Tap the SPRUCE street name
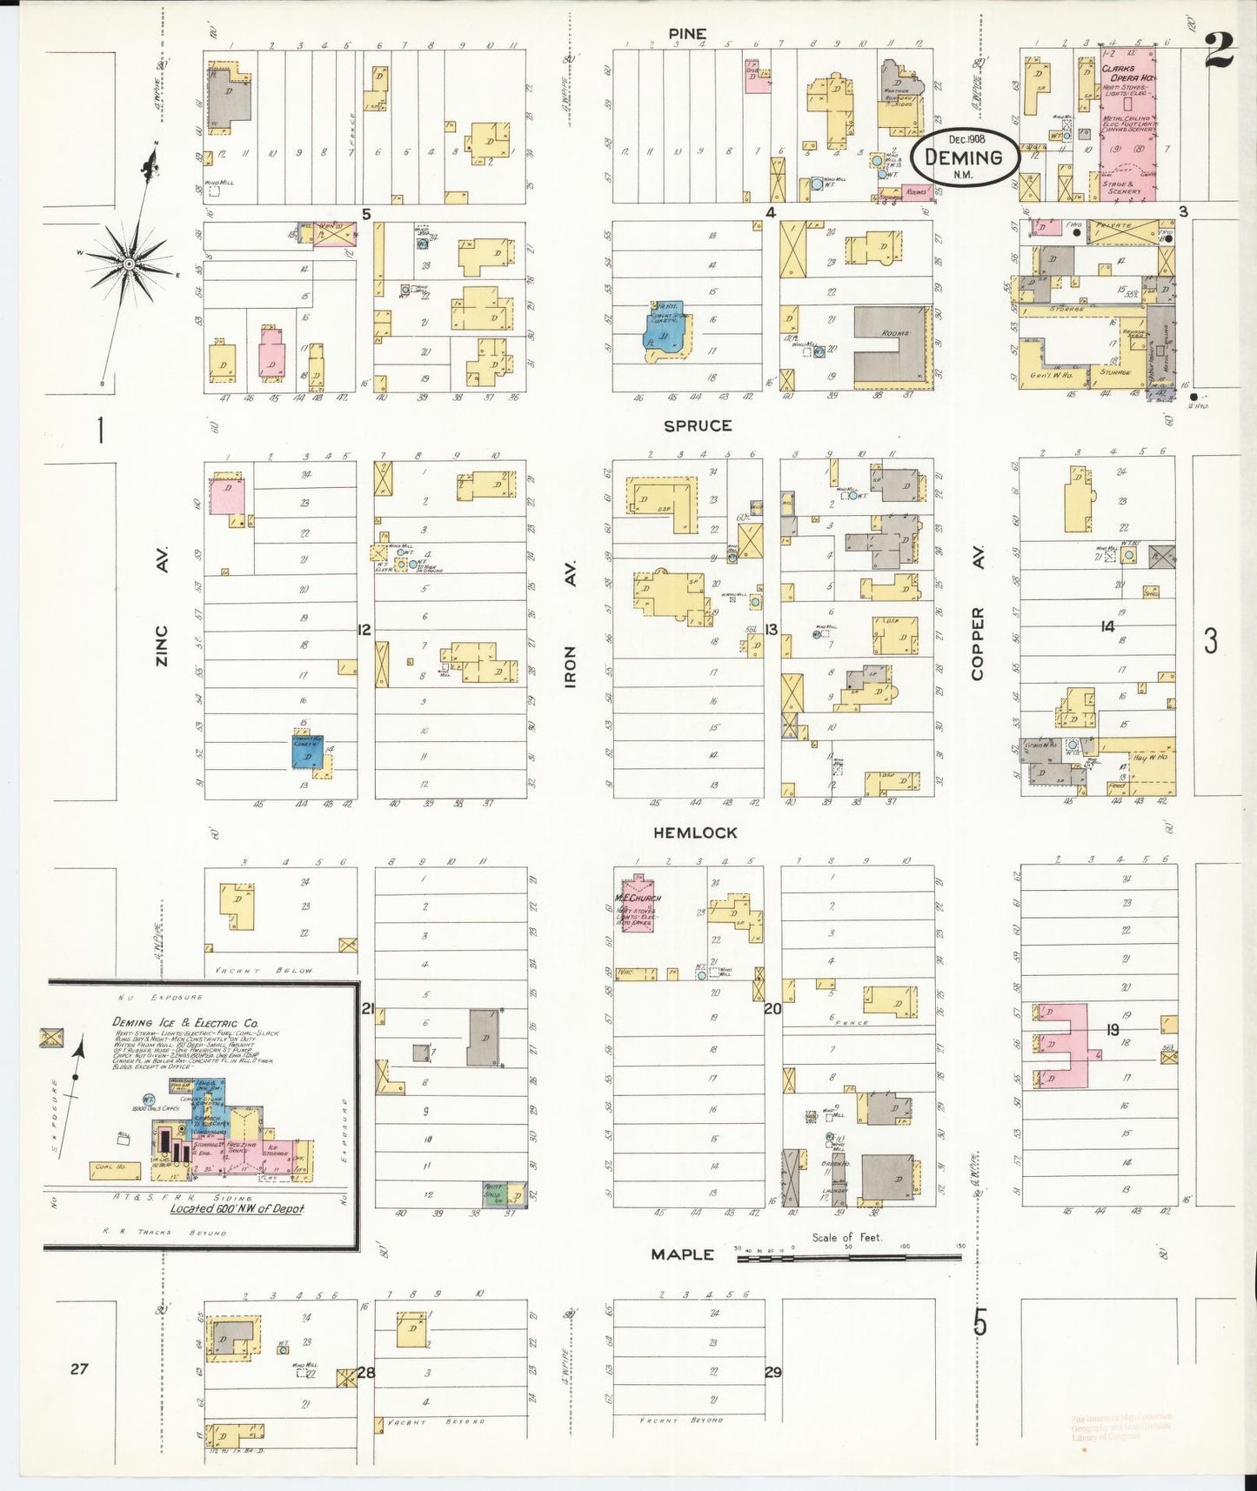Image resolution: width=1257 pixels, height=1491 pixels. click(698, 425)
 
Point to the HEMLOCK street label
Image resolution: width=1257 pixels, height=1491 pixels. click(695, 832)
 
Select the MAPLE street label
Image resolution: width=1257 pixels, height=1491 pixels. click(683, 1254)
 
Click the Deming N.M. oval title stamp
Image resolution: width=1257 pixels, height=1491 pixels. click(963, 157)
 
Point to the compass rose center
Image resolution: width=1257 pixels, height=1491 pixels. click(129, 263)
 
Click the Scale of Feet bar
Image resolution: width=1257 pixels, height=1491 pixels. click(849, 1256)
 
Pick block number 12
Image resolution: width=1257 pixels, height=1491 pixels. click(364, 629)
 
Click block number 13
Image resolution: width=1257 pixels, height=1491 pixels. click(771, 630)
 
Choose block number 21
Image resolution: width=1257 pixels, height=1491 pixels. click(368, 1008)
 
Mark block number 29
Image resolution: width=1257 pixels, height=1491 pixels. click(772, 1372)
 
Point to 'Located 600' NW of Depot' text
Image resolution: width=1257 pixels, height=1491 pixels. click(237, 1208)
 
